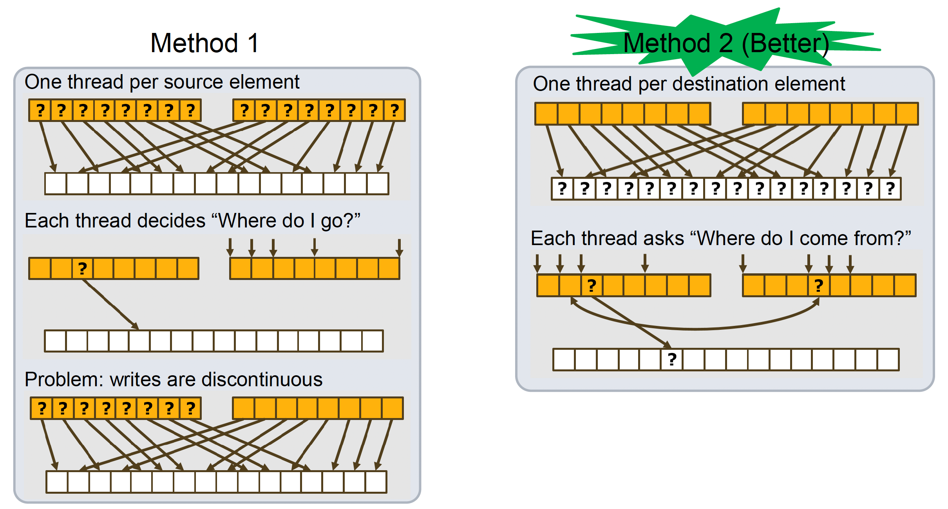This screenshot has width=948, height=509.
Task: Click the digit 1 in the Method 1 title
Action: [253, 43]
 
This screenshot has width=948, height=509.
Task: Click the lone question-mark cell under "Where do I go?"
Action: [82, 269]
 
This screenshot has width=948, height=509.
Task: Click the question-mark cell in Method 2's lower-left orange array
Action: [592, 285]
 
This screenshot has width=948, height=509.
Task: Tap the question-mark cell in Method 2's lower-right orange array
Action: [818, 285]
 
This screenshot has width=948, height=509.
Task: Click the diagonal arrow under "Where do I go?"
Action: [112, 304]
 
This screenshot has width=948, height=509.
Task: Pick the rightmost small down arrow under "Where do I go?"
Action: [399, 247]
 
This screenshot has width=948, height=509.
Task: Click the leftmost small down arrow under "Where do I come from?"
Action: [537, 263]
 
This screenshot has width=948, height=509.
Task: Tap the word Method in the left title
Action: [194, 43]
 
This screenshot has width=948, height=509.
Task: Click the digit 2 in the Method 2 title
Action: [726, 43]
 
